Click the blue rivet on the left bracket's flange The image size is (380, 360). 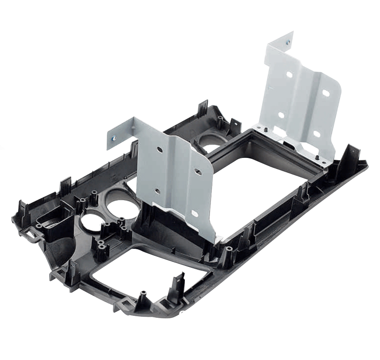(x=113, y=138)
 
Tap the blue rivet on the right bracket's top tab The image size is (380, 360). (x=287, y=42)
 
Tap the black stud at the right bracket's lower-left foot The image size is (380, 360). (x=262, y=127)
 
